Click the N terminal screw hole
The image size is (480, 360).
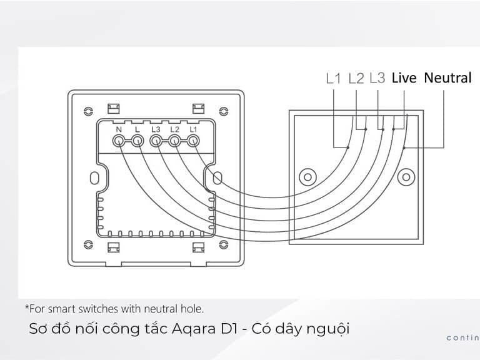pyautogui.click(x=119, y=141)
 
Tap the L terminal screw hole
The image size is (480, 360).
pyautogui.click(x=137, y=141)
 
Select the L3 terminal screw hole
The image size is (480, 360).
pyautogui.click(x=156, y=141)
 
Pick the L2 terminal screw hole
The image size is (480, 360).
pyautogui.click(x=174, y=141)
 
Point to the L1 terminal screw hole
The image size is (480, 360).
pyautogui.click(x=193, y=141)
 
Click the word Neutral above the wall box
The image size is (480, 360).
pyautogui.click(x=447, y=77)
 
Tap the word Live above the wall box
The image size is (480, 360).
pyautogui.click(x=404, y=77)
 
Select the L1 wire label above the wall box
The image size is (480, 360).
pyautogui.click(x=333, y=78)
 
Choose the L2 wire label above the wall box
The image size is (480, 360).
pyautogui.click(x=356, y=78)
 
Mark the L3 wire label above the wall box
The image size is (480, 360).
pyautogui.click(x=377, y=77)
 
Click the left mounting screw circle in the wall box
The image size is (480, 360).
pyautogui.click(x=307, y=177)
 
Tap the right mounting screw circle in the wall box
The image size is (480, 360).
pyautogui.click(x=406, y=177)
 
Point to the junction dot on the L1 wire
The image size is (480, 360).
pyautogui.click(x=348, y=147)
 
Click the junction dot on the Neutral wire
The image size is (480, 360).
pyautogui.click(x=404, y=148)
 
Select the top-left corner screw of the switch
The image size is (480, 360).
pyautogui.click(x=88, y=111)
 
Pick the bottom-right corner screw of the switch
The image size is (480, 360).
pyautogui.click(x=224, y=244)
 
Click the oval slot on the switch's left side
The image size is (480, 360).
pyautogui.click(x=94, y=178)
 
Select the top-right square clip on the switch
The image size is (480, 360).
pyautogui.click(x=198, y=109)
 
